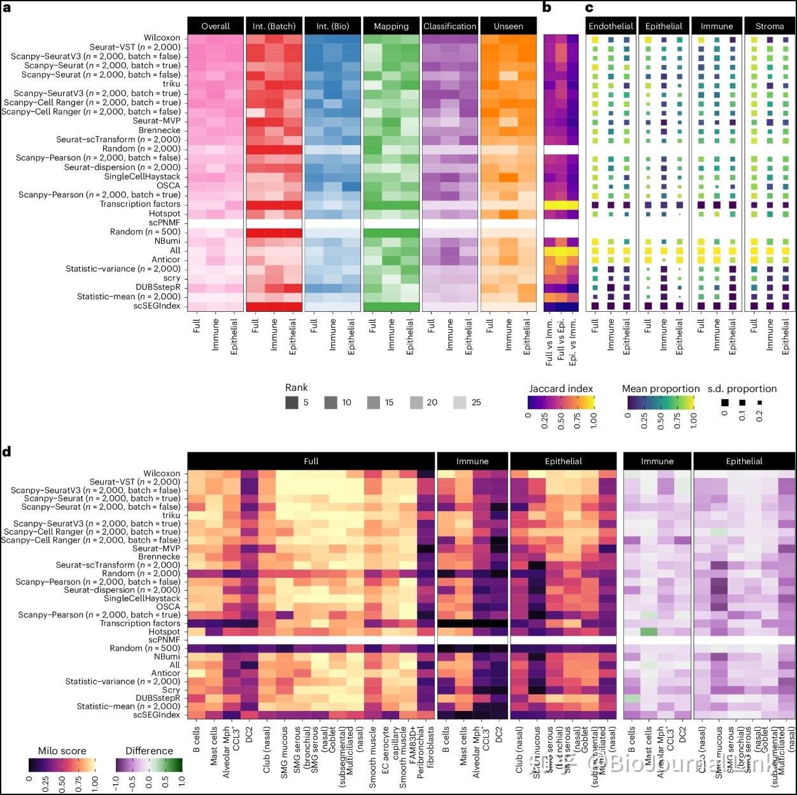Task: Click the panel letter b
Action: pyautogui.click(x=547, y=7)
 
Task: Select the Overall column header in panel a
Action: pyautogui.click(x=215, y=26)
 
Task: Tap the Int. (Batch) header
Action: pyautogui.click(x=274, y=26)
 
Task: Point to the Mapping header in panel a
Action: pyautogui.click(x=391, y=26)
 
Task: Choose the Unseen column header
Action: pyautogui.click(x=508, y=26)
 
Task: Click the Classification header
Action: pyautogui.click(x=449, y=26)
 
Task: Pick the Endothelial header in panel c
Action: pyautogui.click(x=610, y=26)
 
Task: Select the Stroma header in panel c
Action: pyautogui.click(x=770, y=26)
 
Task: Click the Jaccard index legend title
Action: pyautogui.click(x=560, y=388)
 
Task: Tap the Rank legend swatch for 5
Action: pyautogui.click(x=292, y=402)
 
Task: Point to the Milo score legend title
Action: pyautogui.click(x=62, y=750)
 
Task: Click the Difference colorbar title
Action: pyautogui.click(x=149, y=750)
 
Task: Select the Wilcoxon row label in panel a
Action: pyautogui.click(x=162, y=38)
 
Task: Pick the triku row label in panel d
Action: pyautogui.click(x=171, y=515)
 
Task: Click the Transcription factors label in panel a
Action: pyautogui.click(x=140, y=204)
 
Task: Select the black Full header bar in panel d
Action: pyautogui.click(x=311, y=461)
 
